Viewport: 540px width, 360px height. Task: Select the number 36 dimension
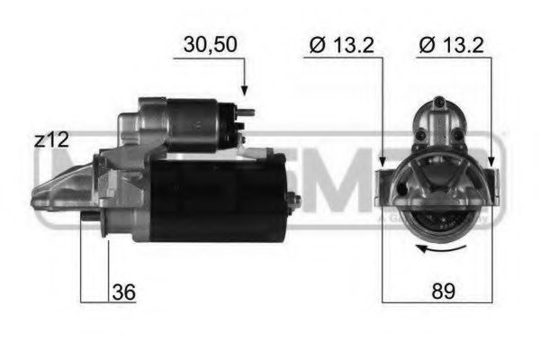click(x=123, y=292)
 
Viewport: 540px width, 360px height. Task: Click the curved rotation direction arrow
click(x=439, y=249)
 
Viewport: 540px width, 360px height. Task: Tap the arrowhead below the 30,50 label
click(x=243, y=91)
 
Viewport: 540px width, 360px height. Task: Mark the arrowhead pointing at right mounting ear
click(x=492, y=162)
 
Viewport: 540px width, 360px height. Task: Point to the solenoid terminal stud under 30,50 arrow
click(x=245, y=112)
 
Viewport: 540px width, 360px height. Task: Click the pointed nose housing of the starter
click(x=63, y=189)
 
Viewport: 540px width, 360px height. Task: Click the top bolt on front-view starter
click(x=438, y=103)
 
